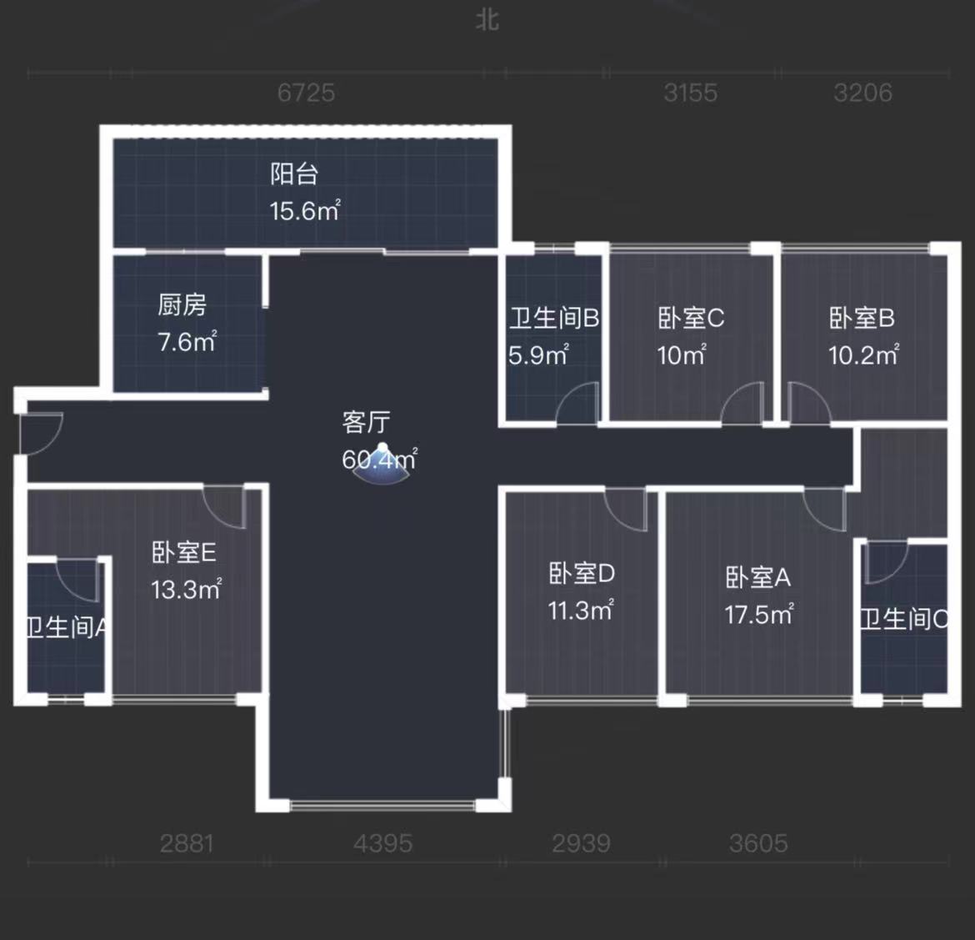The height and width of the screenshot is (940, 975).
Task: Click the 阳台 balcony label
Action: point(294,173)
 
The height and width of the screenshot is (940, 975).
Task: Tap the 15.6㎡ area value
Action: point(304,210)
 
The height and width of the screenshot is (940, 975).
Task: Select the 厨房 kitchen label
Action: point(182,304)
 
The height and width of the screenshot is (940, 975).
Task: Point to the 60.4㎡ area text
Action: point(379,459)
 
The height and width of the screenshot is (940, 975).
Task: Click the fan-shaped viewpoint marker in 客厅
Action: point(382,468)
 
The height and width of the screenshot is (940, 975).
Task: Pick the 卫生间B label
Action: point(554,318)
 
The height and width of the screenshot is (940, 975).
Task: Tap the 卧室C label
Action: point(691,318)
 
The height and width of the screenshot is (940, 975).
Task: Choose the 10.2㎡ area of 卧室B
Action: point(863,355)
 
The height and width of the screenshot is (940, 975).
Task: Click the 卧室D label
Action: point(582,573)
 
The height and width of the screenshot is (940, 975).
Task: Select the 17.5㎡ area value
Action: point(758,615)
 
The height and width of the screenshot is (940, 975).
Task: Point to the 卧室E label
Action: point(184,552)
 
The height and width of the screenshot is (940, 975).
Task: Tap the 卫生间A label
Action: point(67,627)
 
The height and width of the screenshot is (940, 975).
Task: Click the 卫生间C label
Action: point(904,619)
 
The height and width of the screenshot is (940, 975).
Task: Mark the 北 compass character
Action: point(487,19)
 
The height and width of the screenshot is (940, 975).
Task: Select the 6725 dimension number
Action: point(306,93)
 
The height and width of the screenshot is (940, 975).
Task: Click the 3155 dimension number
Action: point(690,93)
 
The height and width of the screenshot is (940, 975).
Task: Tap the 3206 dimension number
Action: point(862,93)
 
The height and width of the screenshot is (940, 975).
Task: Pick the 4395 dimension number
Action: point(382,843)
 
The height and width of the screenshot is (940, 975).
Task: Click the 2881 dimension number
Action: point(187,843)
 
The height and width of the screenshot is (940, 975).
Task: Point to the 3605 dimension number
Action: point(758,843)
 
